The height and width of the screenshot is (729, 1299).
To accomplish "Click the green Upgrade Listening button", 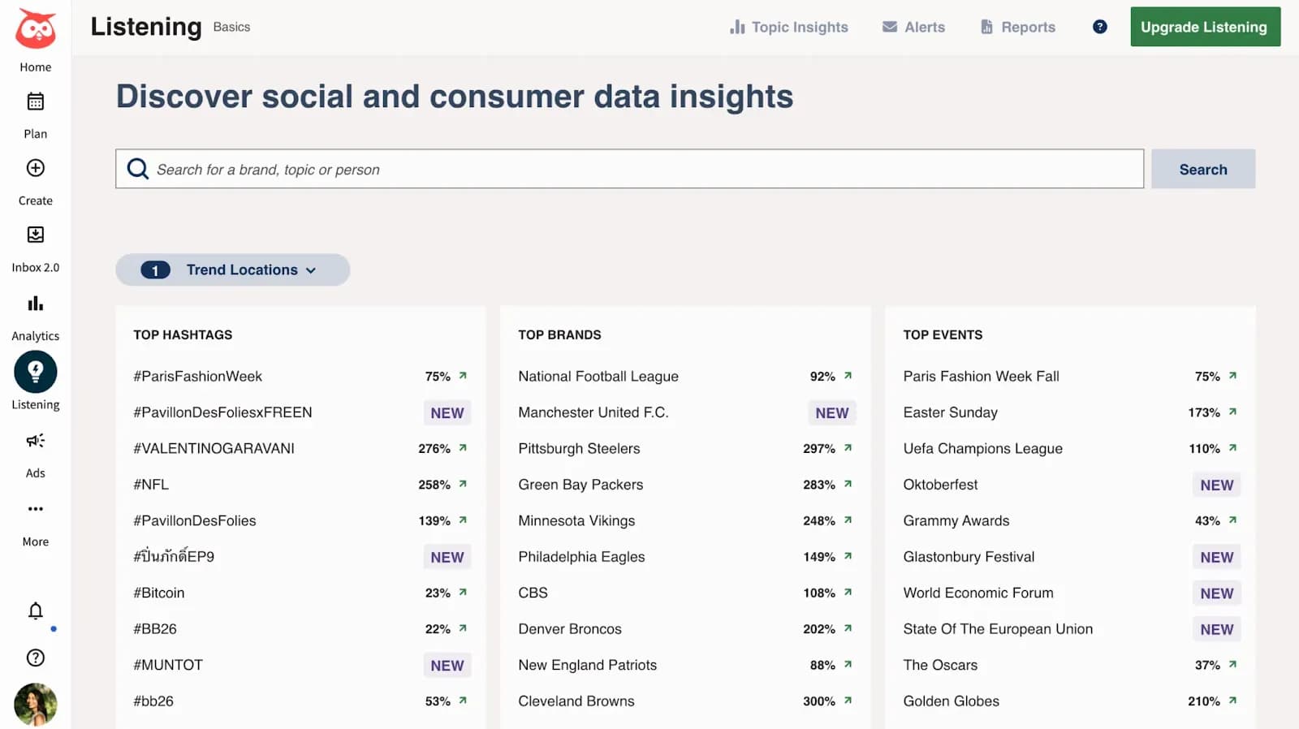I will click(1204, 27).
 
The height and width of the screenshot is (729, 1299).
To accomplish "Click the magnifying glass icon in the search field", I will click(138, 169).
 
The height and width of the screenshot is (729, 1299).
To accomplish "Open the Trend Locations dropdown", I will click(233, 270).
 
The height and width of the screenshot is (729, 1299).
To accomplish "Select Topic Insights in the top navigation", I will click(788, 27).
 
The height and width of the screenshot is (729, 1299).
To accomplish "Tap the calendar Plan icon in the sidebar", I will click(35, 101).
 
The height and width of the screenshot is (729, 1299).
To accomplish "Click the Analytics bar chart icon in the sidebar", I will click(35, 304).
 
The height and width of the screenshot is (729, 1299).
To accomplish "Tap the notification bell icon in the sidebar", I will click(35, 610).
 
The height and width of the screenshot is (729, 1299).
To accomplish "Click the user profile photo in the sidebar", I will click(35, 704).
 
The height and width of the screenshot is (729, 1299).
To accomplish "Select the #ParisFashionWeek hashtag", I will click(197, 376).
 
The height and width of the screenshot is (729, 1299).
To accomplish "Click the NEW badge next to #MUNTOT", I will click(447, 665).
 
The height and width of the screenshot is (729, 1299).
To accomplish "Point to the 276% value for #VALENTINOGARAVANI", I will click(434, 448).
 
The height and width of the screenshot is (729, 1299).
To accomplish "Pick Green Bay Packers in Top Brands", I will click(580, 485).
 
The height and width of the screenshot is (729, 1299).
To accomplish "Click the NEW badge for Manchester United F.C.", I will click(831, 412).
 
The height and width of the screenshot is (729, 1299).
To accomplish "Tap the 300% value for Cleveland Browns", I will click(819, 701).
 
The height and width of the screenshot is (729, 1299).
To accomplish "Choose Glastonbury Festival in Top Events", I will click(969, 557).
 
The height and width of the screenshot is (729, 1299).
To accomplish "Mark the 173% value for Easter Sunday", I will click(1204, 412).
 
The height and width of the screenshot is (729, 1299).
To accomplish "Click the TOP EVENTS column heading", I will click(943, 334).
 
